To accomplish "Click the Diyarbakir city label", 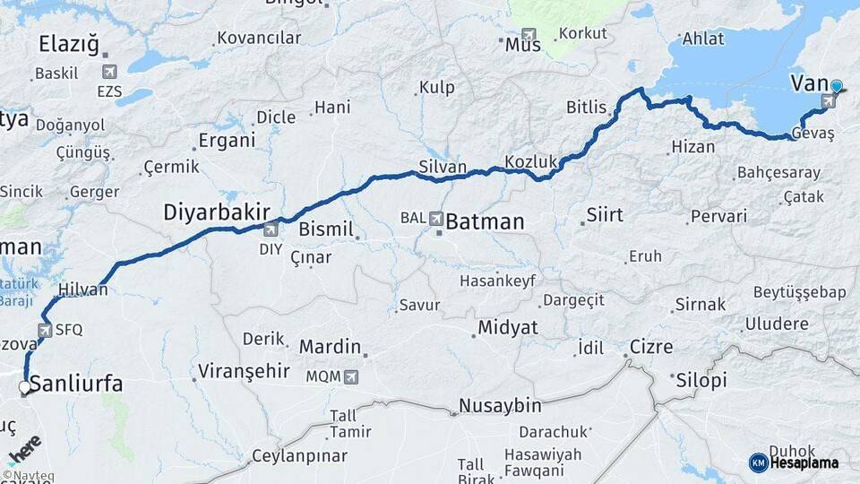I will click(216, 212).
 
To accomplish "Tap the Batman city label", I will click(485, 221).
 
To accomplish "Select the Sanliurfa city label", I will click(76, 385).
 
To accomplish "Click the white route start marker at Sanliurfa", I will click(24, 387).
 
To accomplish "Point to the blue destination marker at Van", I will click(836, 87).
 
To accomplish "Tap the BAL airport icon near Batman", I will click(436, 218).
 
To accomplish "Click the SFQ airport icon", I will click(46, 329).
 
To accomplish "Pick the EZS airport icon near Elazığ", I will click(109, 72).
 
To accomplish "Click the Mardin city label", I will click(330, 347).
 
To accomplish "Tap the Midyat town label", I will click(508, 328).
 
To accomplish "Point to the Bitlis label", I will click(586, 107).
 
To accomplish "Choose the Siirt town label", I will click(605, 215).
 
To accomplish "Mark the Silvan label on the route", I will click(443, 167).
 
